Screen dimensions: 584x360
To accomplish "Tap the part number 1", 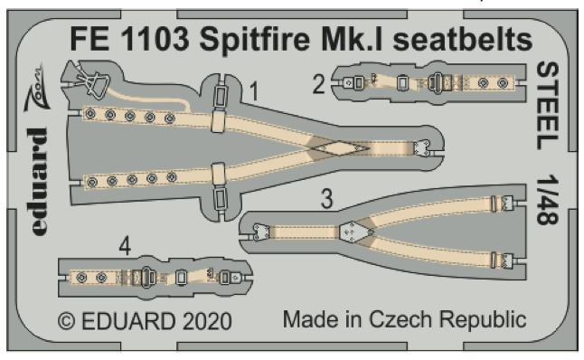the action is (256, 91).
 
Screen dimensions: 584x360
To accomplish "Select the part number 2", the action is (318, 85).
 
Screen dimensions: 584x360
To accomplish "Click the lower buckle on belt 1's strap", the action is (219, 175).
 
